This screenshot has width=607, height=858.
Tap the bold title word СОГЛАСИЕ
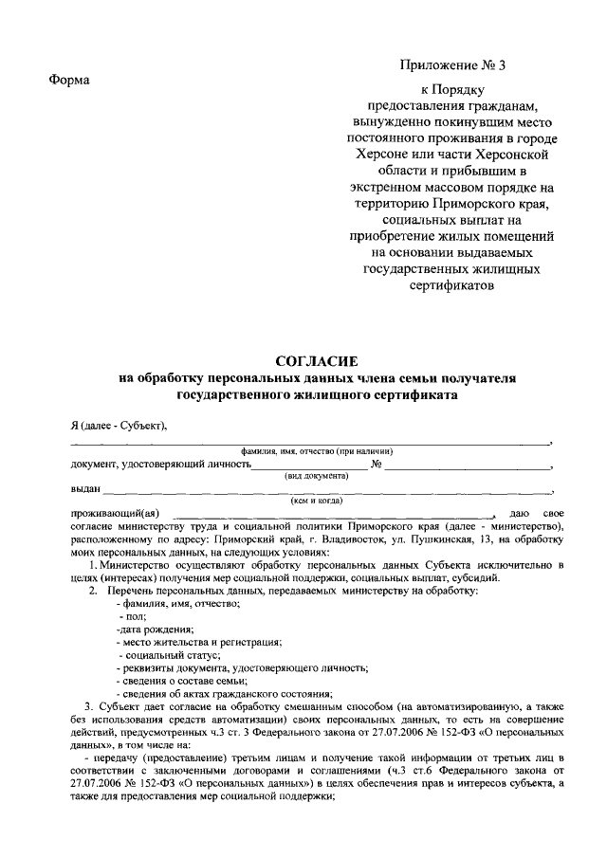click(x=316, y=361)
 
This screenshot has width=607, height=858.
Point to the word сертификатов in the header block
click(x=453, y=283)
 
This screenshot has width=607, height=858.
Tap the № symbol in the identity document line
click(x=376, y=465)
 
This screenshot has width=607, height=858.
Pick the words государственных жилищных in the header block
click(x=453, y=267)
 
